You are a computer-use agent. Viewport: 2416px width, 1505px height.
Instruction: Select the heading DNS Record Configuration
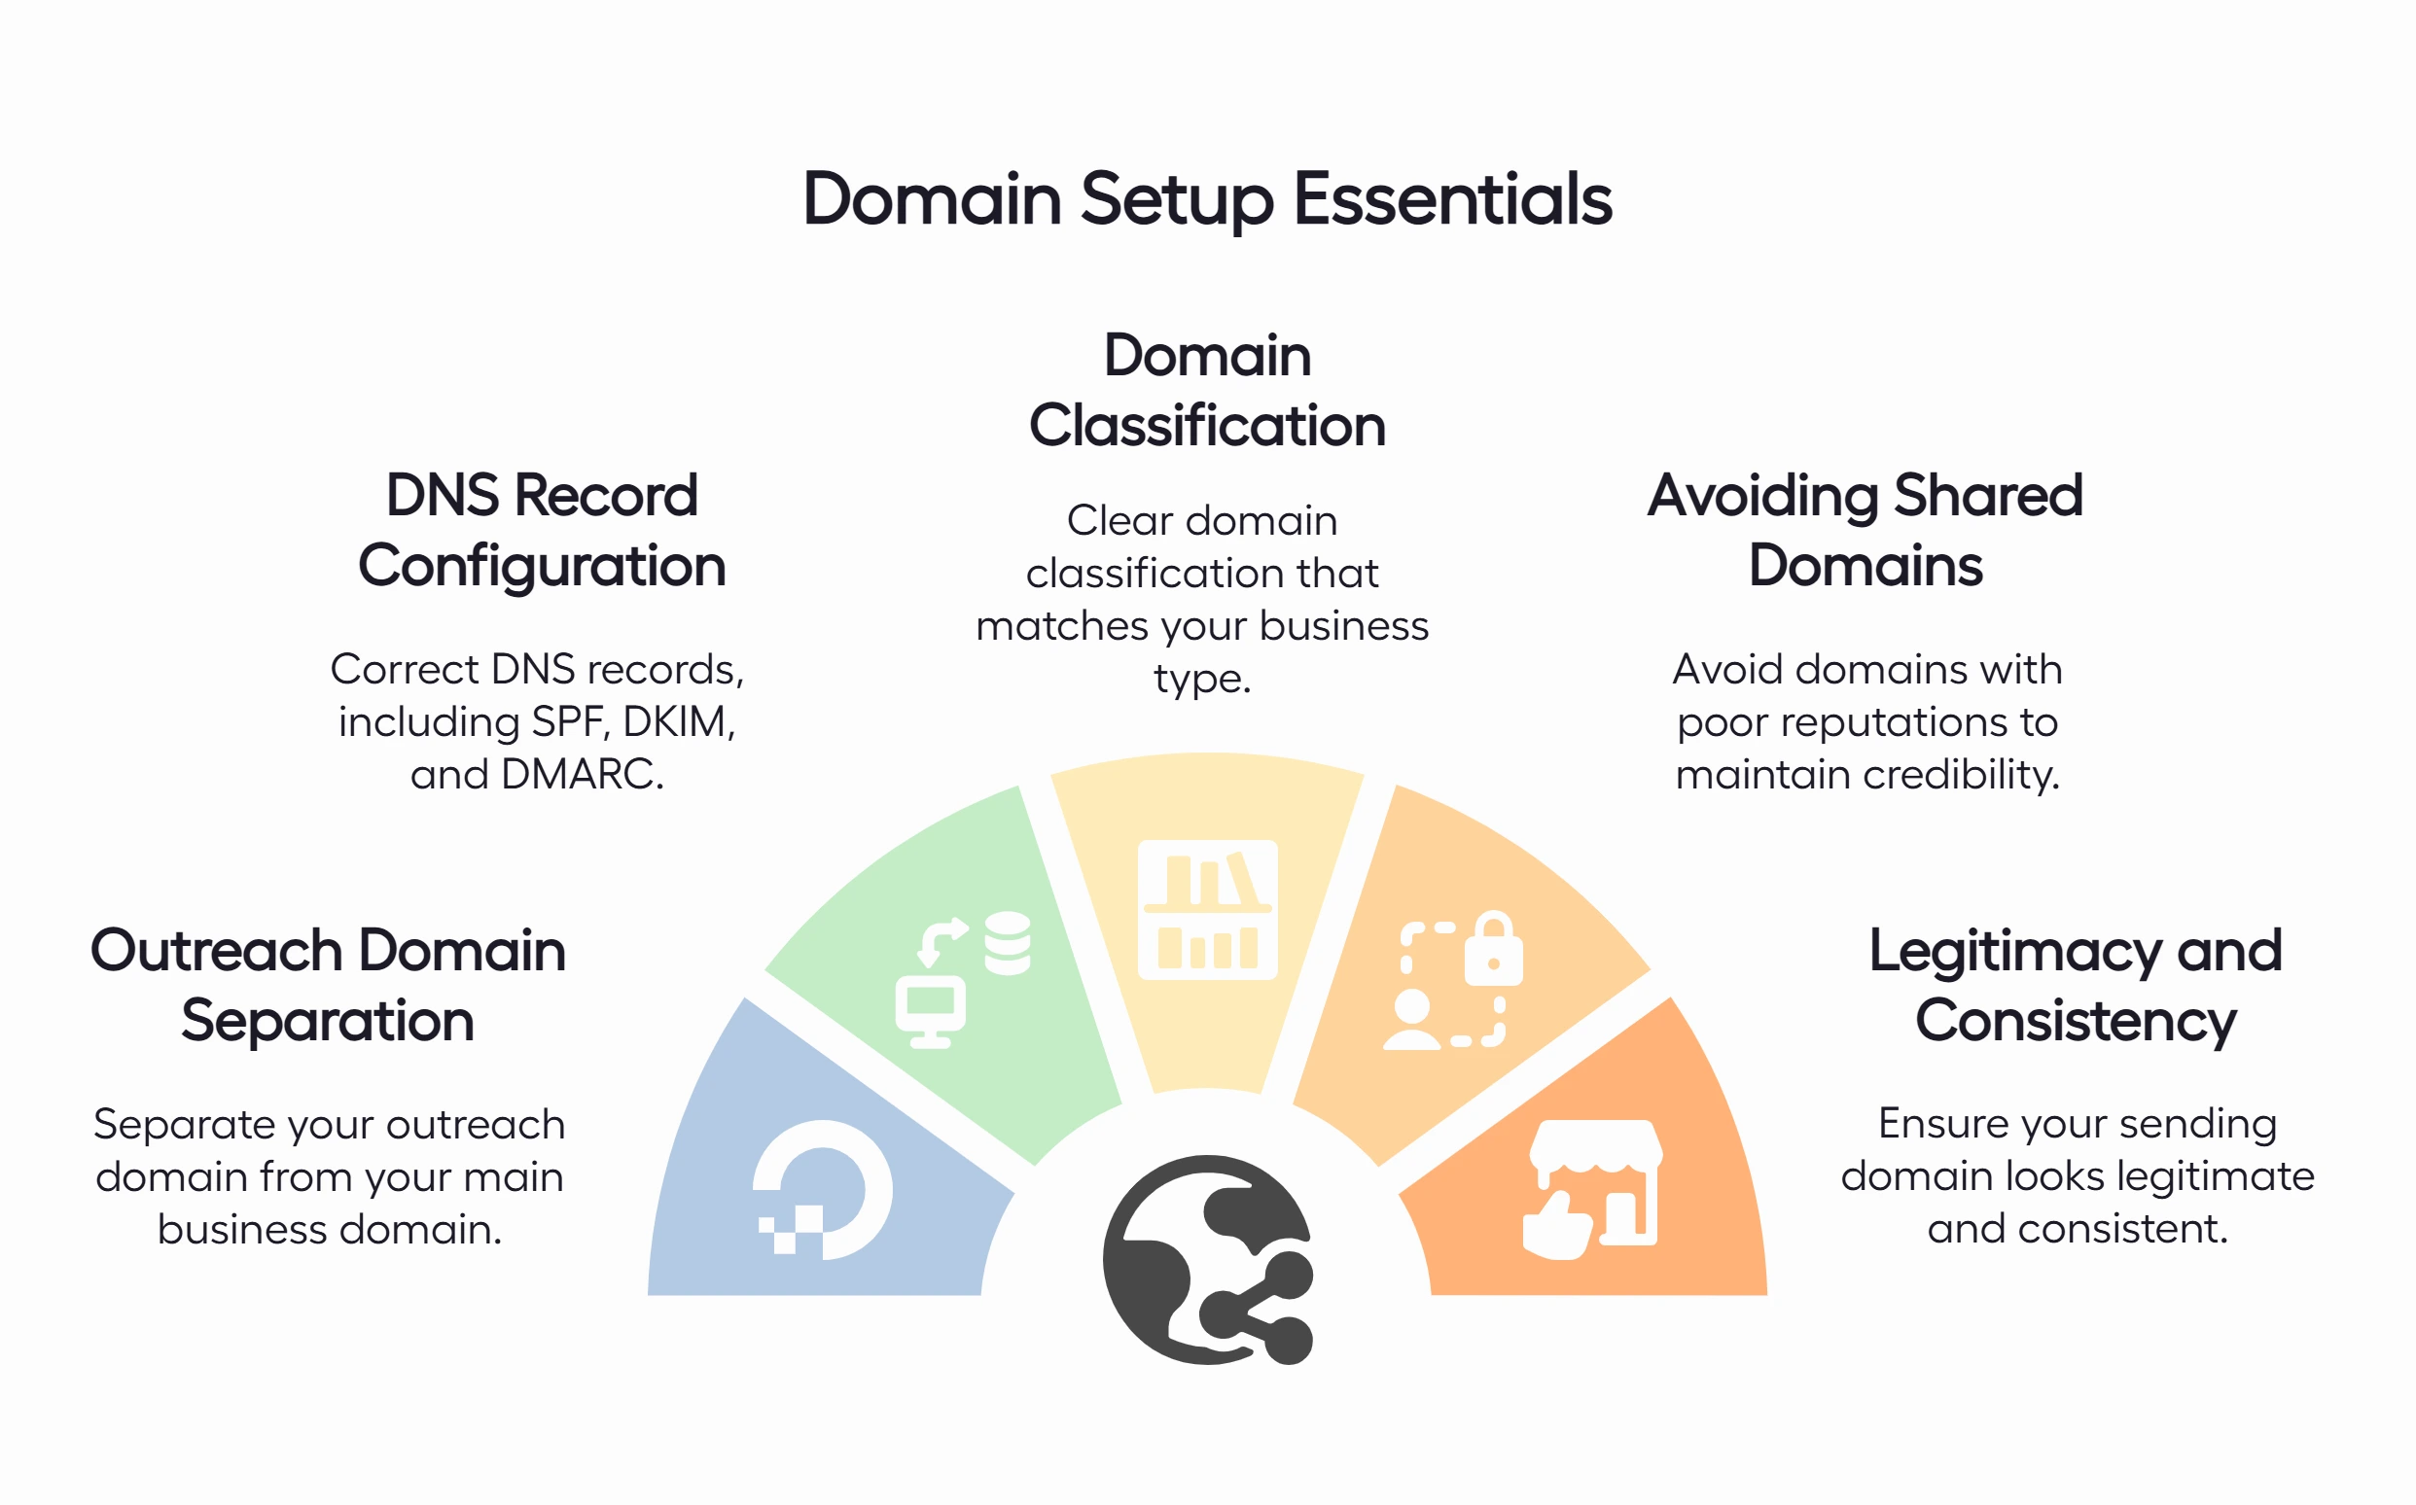(x=542, y=531)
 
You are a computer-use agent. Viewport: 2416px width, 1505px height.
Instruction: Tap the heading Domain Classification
(x=1206, y=390)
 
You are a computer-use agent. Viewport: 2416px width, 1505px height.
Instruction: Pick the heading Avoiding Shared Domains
(x=1865, y=531)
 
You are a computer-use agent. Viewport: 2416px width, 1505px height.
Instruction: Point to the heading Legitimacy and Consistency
(x=2075, y=986)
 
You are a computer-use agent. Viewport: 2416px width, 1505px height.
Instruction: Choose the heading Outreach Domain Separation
(x=328, y=986)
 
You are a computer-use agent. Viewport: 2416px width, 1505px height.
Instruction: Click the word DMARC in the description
(x=582, y=775)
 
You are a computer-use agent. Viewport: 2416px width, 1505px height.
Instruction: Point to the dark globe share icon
(x=1207, y=1259)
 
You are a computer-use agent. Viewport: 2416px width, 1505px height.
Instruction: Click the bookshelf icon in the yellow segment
(x=1207, y=909)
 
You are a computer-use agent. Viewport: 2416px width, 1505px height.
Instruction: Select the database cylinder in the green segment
(x=1008, y=943)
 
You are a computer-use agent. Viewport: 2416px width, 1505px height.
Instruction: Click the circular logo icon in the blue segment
(x=822, y=1189)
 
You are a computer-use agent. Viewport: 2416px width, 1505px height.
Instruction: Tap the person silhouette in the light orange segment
(x=1411, y=1020)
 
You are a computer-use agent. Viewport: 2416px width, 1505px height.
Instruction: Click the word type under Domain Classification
(x=1201, y=679)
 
